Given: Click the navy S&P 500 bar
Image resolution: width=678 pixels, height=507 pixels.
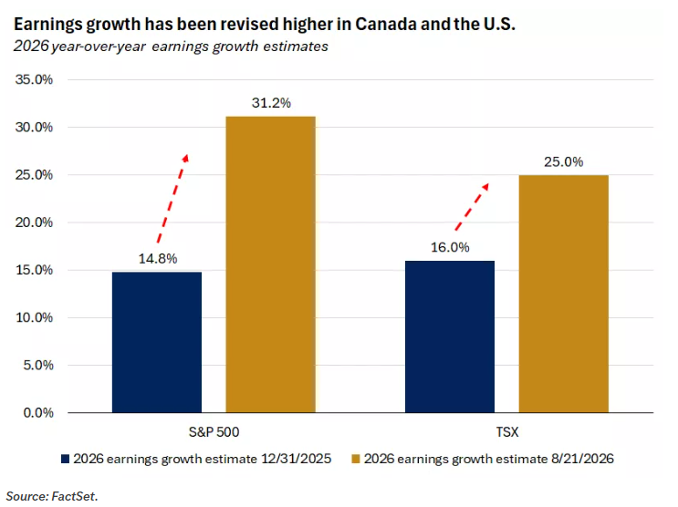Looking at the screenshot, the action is pyautogui.click(x=157, y=342).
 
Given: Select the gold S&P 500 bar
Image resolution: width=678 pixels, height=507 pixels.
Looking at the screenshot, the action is pyautogui.click(x=271, y=264).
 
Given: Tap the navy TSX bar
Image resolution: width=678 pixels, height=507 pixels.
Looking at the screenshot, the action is pyautogui.click(x=450, y=336).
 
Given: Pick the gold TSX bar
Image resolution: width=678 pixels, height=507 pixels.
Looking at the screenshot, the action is pyautogui.click(x=563, y=294).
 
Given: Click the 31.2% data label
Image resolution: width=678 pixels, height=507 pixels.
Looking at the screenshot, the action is pyautogui.click(x=271, y=103).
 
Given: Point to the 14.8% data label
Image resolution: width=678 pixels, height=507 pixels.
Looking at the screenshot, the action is pyautogui.click(x=158, y=258).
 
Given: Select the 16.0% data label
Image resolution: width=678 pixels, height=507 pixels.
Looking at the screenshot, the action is pyautogui.click(x=450, y=247).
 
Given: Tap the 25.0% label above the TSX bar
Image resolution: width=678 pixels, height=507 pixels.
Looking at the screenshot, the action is pyautogui.click(x=563, y=161).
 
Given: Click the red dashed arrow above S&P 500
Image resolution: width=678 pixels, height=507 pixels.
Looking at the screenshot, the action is pyautogui.click(x=173, y=198).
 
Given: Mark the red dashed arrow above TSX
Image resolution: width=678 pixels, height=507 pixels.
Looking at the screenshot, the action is pyautogui.click(x=472, y=207).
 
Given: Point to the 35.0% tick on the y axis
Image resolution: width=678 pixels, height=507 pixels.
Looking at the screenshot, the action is pyautogui.click(x=34, y=79).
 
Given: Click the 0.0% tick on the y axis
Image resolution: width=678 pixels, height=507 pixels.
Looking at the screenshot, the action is pyautogui.click(x=38, y=413).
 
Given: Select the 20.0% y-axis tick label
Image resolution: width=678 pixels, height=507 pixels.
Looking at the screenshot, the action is pyautogui.click(x=34, y=222).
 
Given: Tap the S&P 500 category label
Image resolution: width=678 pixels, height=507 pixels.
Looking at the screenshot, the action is pyautogui.click(x=214, y=432).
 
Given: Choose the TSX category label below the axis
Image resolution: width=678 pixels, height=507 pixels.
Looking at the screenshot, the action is pyautogui.click(x=506, y=432).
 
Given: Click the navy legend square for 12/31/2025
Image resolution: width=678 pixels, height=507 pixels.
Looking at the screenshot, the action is pyautogui.click(x=66, y=459).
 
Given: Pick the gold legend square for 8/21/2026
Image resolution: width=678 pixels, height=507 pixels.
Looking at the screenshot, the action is pyautogui.click(x=356, y=459).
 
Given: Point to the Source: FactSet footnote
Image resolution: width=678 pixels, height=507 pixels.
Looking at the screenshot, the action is pyautogui.click(x=52, y=496).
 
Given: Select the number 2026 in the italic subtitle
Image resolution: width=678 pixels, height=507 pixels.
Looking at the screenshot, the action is pyautogui.click(x=31, y=47).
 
